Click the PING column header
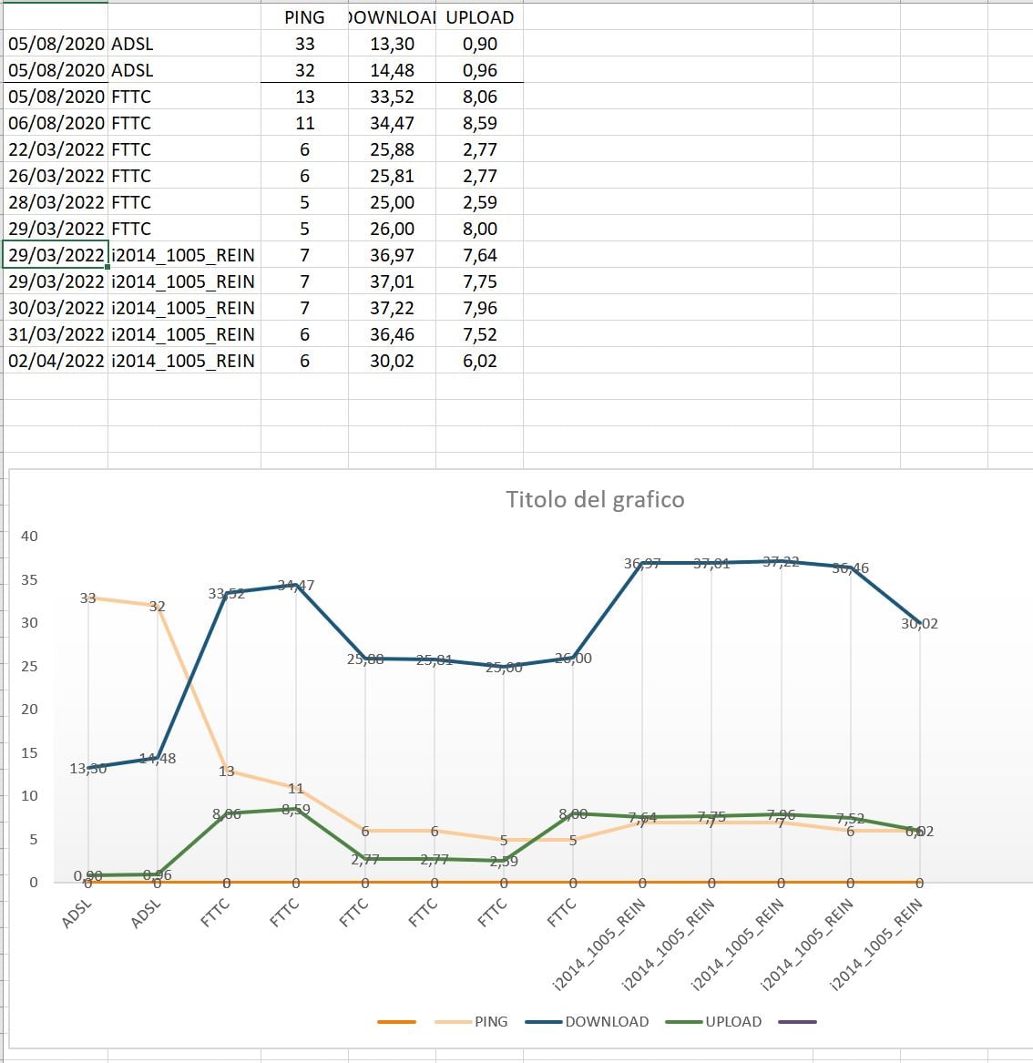point(304,17)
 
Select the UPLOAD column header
point(479,17)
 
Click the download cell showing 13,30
point(392,44)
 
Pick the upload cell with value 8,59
point(479,123)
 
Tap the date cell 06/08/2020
point(56,123)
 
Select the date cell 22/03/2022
point(56,149)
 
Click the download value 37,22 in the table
point(392,308)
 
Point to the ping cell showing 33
point(304,44)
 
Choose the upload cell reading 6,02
point(479,361)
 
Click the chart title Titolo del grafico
point(595,499)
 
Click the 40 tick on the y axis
point(30,536)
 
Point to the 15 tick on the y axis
point(30,752)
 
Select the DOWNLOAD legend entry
point(606,1021)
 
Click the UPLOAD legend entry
point(732,1021)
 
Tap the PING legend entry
point(491,1021)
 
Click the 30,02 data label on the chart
point(919,624)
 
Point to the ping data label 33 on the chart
point(87,598)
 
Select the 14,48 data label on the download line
point(158,758)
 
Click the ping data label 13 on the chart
point(227,771)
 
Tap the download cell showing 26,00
point(392,229)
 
